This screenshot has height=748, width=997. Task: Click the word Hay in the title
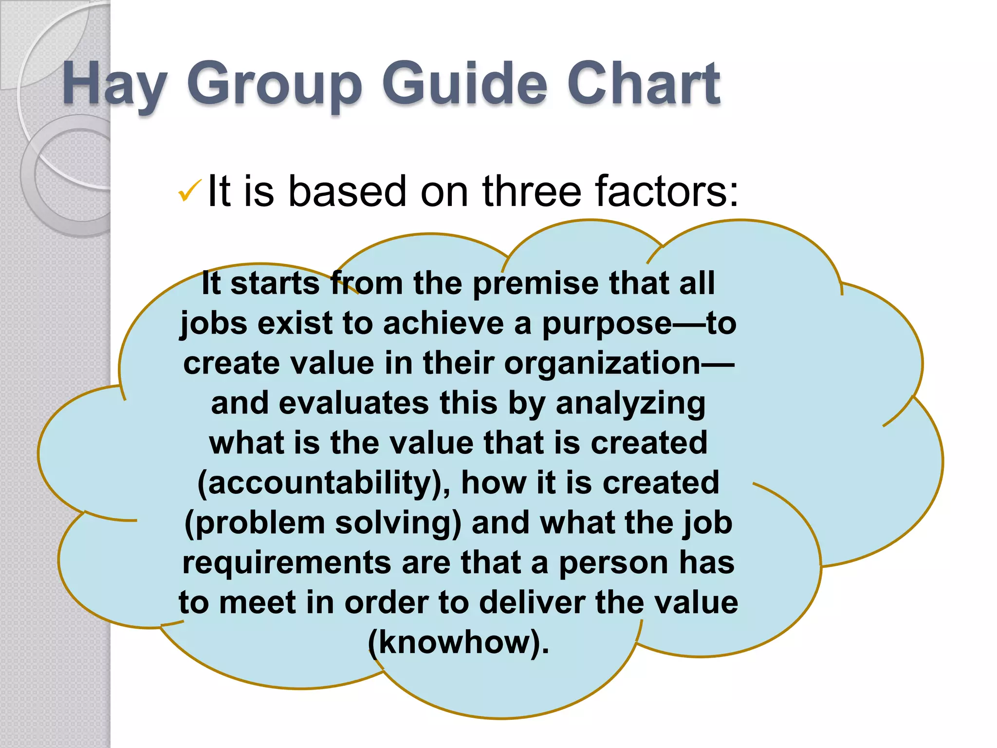click(x=115, y=84)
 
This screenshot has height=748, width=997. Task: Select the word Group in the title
click(x=275, y=84)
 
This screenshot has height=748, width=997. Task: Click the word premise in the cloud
click(x=535, y=283)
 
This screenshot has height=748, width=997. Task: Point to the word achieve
click(x=443, y=323)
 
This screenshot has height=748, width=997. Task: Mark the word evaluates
click(x=354, y=403)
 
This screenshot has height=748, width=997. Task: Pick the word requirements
click(x=287, y=563)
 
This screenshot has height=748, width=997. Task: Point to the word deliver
click(x=532, y=603)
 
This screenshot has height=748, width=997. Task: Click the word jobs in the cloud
click(x=214, y=323)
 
